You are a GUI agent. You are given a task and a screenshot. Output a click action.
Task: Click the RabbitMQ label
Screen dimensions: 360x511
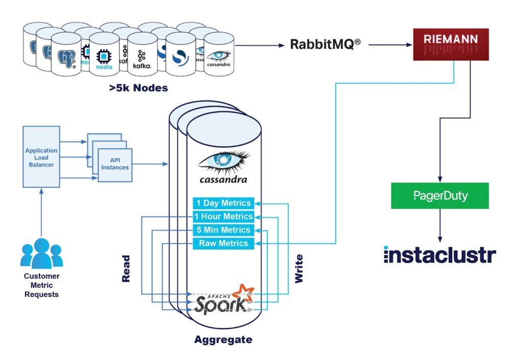tap(325, 44)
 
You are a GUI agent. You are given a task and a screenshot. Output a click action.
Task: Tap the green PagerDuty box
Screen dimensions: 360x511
tap(439, 196)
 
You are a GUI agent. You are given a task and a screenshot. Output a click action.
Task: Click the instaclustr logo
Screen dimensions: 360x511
tap(439, 254)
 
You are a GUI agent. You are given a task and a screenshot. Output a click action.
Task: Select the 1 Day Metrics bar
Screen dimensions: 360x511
tap(223, 203)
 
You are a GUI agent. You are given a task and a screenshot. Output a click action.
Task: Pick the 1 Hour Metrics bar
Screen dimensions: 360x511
tap(223, 217)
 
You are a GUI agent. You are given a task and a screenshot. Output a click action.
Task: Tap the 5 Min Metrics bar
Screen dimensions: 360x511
tap(223, 230)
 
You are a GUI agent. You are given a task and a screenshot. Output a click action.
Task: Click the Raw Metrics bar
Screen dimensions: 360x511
tap(223, 244)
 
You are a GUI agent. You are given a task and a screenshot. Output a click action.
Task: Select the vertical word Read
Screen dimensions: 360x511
tap(126, 269)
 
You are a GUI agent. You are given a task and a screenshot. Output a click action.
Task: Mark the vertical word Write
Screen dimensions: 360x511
tap(299, 269)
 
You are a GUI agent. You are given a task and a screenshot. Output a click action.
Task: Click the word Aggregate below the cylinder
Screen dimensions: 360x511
tap(223, 340)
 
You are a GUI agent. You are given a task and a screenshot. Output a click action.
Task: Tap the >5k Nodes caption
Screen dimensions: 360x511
tap(138, 88)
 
